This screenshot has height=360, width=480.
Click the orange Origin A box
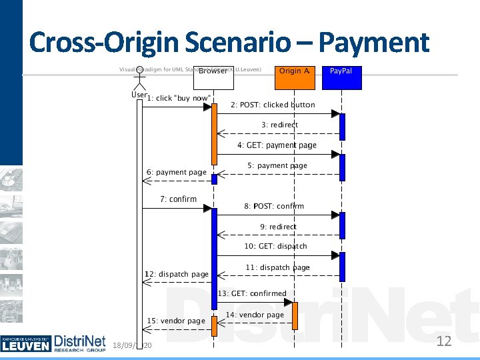(295, 78)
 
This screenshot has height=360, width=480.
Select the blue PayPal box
(341, 78)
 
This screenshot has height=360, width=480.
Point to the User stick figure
(139, 79)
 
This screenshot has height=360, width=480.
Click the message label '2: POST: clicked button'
(273, 105)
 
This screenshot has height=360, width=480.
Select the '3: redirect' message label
(279, 125)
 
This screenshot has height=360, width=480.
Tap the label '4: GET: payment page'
(277, 145)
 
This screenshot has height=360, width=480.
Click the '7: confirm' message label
(178, 199)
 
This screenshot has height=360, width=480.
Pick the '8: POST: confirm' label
(273, 206)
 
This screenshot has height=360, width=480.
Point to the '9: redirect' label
(278, 227)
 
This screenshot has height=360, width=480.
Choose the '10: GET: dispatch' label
(275, 246)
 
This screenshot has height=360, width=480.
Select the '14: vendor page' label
(255, 315)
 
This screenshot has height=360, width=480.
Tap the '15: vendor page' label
(176, 321)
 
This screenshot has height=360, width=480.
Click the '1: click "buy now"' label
(179, 99)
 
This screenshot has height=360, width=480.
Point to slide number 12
(443, 342)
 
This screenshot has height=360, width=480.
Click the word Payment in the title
(374, 43)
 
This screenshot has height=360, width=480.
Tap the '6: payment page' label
(177, 172)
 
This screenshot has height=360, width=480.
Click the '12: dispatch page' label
(177, 274)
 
